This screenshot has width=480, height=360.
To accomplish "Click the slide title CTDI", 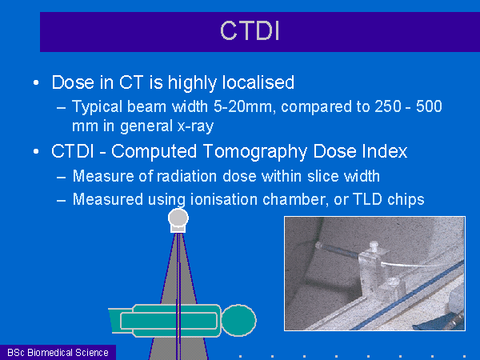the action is click(250, 30).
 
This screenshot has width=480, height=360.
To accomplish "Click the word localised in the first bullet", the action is click(258, 82).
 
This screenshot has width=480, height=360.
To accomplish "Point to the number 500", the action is click(429, 106).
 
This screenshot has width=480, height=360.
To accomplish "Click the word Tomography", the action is click(255, 152).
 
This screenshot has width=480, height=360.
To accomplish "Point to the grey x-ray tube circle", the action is click(178, 218).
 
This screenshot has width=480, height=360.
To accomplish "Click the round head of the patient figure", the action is click(238, 320).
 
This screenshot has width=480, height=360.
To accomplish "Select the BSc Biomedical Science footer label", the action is click(58, 352).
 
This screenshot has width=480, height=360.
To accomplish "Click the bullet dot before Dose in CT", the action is click(36, 82).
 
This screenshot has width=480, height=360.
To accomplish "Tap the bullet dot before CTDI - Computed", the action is click(36, 151).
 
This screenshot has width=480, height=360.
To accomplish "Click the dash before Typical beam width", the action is click(62, 107).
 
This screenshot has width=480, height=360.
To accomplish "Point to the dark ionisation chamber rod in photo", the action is click(338, 250).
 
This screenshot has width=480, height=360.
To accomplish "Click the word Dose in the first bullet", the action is click(73, 82).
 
